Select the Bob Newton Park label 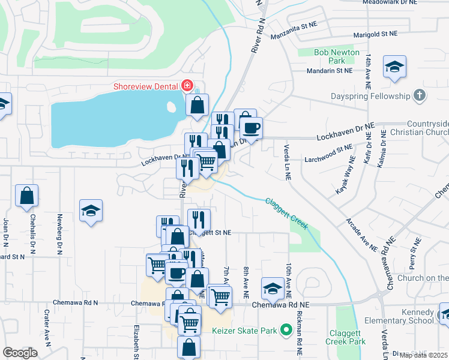tap(337, 57)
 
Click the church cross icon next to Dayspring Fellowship tap(419, 96)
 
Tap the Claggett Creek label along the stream tap(287, 213)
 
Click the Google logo tap(20, 353)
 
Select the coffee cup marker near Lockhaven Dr tap(251, 128)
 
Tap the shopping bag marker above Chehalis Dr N tap(27, 196)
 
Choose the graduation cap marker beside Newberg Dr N tap(91, 211)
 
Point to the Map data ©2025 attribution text tap(424, 355)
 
